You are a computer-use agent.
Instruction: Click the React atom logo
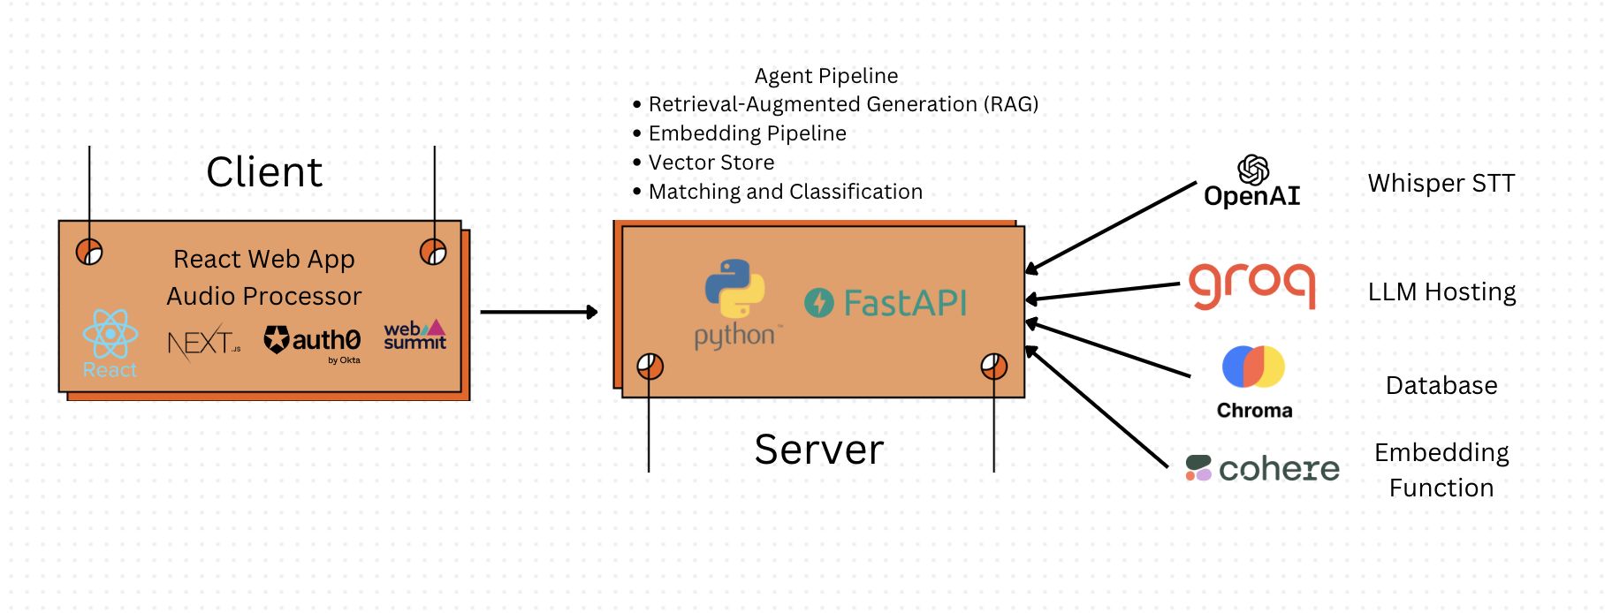tap(110, 335)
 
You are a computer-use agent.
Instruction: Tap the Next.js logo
tap(203, 343)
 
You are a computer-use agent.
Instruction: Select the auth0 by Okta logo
tap(313, 342)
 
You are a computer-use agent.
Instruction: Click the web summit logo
tap(414, 336)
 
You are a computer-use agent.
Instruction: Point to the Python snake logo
tap(734, 288)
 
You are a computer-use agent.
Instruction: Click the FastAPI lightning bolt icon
tap(819, 303)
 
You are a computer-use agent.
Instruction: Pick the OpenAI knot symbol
tap(1252, 170)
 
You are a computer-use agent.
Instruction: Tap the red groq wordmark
tap(1252, 285)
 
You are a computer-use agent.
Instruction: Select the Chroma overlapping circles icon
tap(1253, 367)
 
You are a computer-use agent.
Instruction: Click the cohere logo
tap(1263, 468)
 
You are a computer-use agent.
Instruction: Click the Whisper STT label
tap(1441, 184)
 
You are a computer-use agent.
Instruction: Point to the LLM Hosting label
tap(1441, 292)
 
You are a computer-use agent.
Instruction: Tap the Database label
tap(1441, 386)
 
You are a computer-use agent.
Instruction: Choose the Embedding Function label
tap(1441, 470)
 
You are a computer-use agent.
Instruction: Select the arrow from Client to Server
tap(538, 312)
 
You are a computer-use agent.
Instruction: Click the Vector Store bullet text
tap(711, 163)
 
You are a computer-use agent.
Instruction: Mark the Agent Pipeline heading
tap(826, 76)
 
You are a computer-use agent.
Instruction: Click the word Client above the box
tap(264, 172)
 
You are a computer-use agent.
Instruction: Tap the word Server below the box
tap(819, 450)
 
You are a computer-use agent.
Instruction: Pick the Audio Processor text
tap(264, 296)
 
